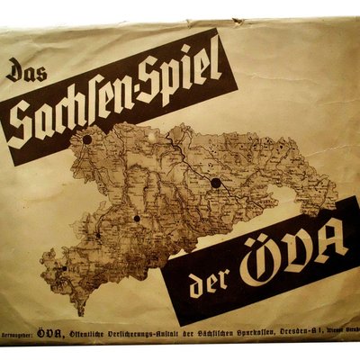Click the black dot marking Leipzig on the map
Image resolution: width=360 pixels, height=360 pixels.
(87, 139)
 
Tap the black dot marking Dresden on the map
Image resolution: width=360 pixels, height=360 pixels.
(216, 183)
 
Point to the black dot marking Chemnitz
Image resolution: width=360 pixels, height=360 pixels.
(136, 218)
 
